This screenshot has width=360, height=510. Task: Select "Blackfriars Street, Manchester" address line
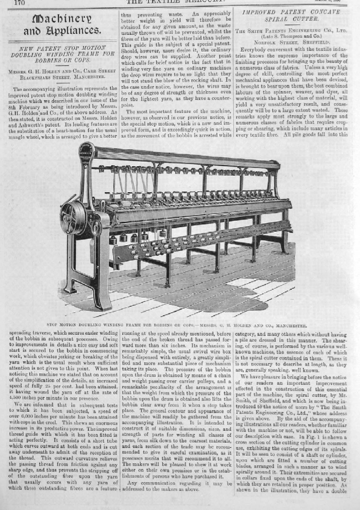pyautogui.click(x=62, y=77)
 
